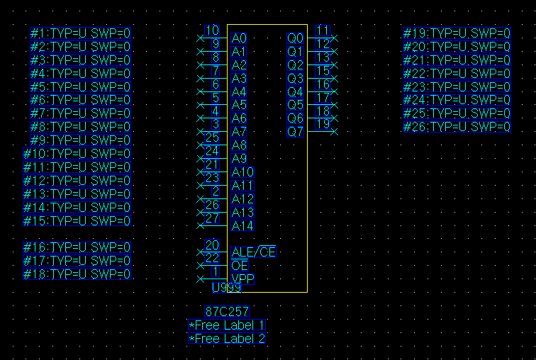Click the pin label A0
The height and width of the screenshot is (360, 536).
(x=240, y=38)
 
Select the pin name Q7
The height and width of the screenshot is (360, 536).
(x=295, y=132)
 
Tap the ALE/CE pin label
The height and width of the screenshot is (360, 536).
(x=253, y=252)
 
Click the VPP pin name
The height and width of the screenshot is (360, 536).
(x=242, y=279)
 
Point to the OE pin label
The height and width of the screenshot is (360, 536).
(x=240, y=265)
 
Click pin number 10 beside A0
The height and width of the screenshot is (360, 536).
(x=211, y=30)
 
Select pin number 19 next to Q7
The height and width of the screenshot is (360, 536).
(x=323, y=124)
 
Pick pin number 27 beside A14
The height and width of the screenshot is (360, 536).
(x=211, y=218)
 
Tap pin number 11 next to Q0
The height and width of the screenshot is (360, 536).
(x=323, y=30)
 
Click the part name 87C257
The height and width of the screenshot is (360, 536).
(x=227, y=311)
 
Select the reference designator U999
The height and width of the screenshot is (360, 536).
(x=226, y=288)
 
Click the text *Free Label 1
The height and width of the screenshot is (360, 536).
(x=228, y=325)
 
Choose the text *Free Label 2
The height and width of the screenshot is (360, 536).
(x=228, y=339)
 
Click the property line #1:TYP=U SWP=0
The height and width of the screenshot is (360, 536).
(x=81, y=33)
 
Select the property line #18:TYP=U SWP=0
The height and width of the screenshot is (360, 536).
(x=77, y=274)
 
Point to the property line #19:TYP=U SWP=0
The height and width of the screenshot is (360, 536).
(x=457, y=33)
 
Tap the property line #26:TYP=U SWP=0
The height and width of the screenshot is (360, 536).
(x=457, y=128)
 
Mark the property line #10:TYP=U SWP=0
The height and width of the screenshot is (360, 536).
(x=77, y=154)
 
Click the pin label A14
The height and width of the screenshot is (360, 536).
(x=242, y=225)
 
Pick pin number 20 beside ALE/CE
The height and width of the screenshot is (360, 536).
(x=211, y=245)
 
